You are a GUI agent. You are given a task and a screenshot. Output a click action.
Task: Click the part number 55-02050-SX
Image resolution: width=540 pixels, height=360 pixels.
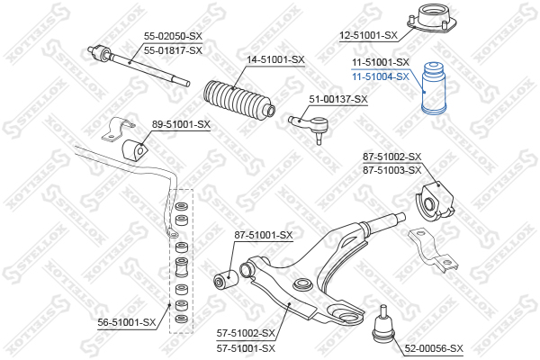coord(173,36)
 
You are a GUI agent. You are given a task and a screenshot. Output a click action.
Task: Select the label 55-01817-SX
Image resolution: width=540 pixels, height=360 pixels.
coord(173,50)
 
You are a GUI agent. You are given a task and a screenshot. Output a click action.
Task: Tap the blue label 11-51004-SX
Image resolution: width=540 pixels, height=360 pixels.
coord(381,76)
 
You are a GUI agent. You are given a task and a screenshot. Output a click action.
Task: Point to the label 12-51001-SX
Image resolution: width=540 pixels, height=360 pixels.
coord(368,35)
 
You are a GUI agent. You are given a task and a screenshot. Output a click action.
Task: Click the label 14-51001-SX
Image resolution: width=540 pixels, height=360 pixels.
coord(275,59)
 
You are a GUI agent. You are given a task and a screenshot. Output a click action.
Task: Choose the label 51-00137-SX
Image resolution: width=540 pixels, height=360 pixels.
coord(338,99)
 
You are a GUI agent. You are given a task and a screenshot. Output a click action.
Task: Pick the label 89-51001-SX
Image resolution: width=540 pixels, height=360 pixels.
coord(181,124)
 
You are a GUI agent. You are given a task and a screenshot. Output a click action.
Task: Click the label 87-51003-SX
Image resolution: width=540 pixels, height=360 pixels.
coord(391,170)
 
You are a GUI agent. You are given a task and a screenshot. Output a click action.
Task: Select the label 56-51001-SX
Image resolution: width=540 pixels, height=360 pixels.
coord(127,322)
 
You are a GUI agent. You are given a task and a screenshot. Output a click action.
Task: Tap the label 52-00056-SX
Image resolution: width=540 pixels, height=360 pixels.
coord(434,348)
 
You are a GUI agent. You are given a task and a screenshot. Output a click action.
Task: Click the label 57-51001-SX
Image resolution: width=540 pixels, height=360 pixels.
coord(246,348)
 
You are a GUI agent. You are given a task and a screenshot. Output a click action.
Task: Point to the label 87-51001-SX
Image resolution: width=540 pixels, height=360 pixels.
coord(264,235)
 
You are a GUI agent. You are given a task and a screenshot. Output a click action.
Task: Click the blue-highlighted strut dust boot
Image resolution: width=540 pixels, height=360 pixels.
coord(434,88)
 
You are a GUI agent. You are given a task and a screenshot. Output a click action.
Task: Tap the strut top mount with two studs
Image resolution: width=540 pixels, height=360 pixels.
coord(432,18)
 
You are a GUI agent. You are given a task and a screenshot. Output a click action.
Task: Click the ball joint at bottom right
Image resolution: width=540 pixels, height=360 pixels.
coord(383,325)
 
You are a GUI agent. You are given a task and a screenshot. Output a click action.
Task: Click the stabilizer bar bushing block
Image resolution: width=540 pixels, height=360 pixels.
coord(134,150)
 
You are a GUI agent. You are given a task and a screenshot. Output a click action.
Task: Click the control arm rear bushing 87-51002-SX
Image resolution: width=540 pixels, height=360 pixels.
coord(435,202)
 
